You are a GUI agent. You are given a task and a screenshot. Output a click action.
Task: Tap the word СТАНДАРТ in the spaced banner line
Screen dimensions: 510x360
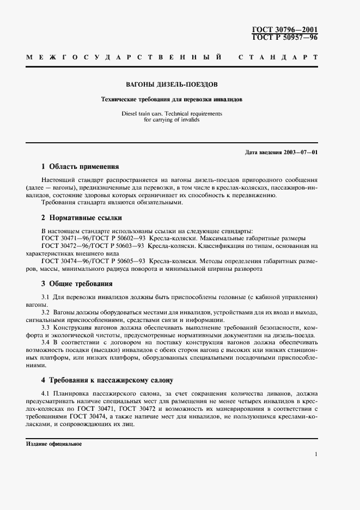click(278, 57)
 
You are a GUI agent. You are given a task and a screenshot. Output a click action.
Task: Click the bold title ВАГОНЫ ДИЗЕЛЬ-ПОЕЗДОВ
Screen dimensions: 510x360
click(172, 86)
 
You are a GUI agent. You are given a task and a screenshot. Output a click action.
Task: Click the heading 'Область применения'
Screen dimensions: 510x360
click(84, 167)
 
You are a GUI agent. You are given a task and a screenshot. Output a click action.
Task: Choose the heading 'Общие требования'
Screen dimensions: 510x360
click(81, 284)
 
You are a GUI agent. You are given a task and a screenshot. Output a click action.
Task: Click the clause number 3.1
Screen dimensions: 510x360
click(46, 297)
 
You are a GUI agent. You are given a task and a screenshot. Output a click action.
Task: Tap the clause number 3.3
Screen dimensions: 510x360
click(46, 327)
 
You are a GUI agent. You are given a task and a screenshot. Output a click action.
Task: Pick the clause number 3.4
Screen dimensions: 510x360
click(46, 343)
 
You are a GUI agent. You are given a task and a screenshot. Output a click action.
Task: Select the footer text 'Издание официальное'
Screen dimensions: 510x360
click(54, 444)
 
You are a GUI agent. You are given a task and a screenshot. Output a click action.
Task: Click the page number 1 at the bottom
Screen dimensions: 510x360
click(316, 453)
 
